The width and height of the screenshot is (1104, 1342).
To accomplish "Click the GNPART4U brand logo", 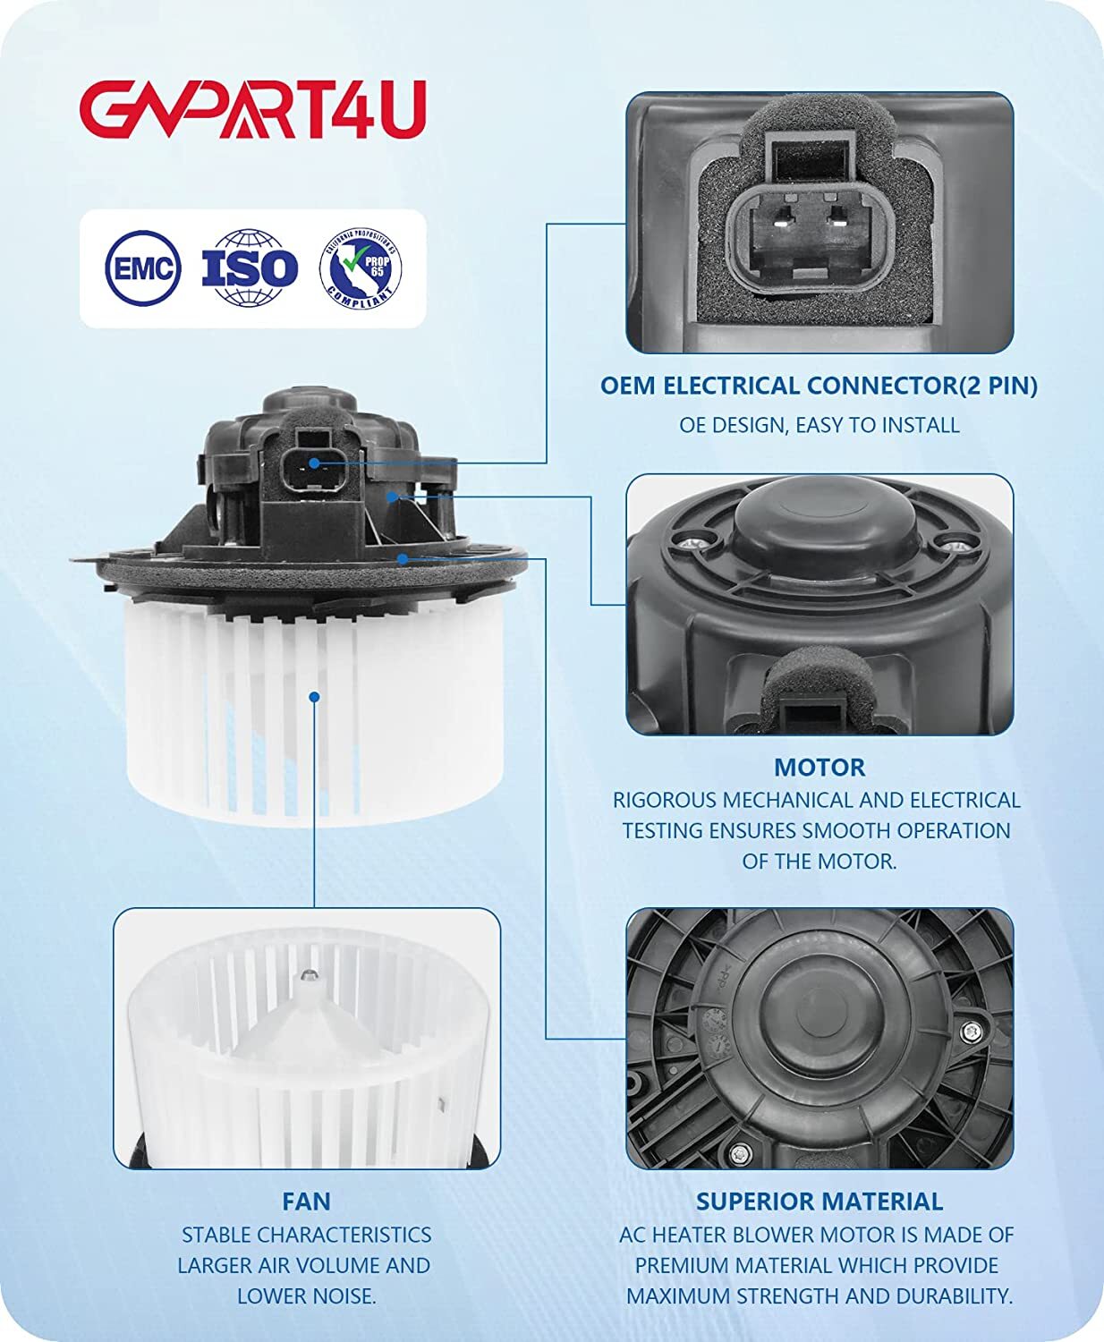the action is pyautogui.click(x=252, y=109).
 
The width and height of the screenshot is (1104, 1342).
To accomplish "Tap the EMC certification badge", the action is pyautogui.click(x=142, y=268).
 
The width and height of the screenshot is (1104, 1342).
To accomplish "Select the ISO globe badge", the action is pyautogui.click(x=250, y=268).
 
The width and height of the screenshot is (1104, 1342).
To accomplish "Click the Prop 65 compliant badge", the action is pyautogui.click(x=361, y=268).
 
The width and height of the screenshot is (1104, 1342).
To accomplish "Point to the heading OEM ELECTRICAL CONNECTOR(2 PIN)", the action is pyautogui.click(x=819, y=386).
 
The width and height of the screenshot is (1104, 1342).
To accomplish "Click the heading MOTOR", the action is pyautogui.click(x=820, y=768).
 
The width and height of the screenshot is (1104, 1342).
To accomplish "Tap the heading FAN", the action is pyautogui.click(x=306, y=1202).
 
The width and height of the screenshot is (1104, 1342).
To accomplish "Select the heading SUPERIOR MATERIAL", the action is pyautogui.click(x=820, y=1202).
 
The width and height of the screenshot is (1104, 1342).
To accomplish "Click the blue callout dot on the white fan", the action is pyautogui.click(x=314, y=698).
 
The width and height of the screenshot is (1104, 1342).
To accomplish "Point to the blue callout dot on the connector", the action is pyautogui.click(x=314, y=463).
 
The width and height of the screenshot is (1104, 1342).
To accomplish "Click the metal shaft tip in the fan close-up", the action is pyautogui.click(x=310, y=974).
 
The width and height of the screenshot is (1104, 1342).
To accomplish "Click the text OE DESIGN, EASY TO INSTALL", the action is pyautogui.click(x=820, y=424).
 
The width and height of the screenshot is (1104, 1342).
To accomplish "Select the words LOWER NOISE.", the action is pyautogui.click(x=307, y=1295).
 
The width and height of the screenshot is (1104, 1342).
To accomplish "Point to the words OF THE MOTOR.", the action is pyautogui.click(x=820, y=861).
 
